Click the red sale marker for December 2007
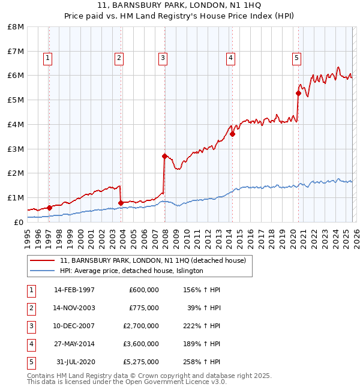pos(164,156)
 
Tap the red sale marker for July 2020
pos(298,93)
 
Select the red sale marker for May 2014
pos(232,134)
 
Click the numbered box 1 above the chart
pos(47,58)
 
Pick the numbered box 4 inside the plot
pos(230,58)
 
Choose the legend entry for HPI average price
pos(131,271)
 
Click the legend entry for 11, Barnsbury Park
pos(152,260)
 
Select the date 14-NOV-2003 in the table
pos(74,308)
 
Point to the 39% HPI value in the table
pos(204,308)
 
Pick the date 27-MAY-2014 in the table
pos(74,344)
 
